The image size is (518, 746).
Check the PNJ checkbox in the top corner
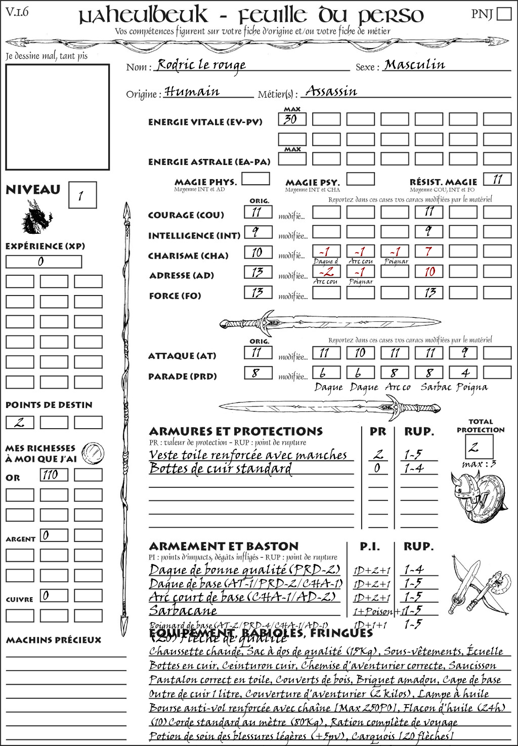pos(504,14)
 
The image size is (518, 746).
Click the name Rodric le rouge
pos(201,65)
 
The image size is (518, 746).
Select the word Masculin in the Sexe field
pos(414,65)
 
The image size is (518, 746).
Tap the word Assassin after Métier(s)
pos(331,91)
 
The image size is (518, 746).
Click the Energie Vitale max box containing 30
pos(292,119)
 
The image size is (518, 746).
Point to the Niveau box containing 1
pos(82,195)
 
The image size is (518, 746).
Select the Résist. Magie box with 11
pos(497,179)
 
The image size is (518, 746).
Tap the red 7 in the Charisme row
pos(429,252)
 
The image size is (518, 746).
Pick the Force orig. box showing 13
pos(258,293)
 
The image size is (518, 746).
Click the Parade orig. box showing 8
pos(258,374)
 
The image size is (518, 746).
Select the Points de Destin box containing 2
pos(20,422)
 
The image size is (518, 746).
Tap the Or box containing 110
pos(54,475)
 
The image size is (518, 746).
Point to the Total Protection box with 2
pos(479,446)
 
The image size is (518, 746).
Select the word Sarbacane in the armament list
pos(183,610)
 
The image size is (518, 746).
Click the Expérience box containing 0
pos(44,262)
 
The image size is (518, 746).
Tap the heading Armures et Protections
pos(236,432)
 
